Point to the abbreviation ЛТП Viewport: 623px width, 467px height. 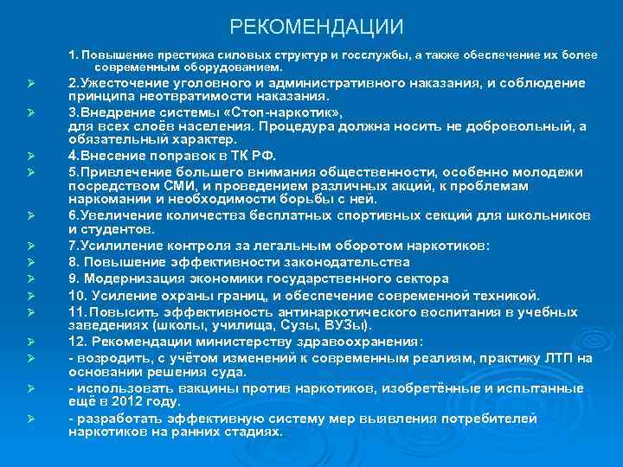561,358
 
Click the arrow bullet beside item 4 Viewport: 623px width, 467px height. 29,157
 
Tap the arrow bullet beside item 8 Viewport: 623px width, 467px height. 29,262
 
